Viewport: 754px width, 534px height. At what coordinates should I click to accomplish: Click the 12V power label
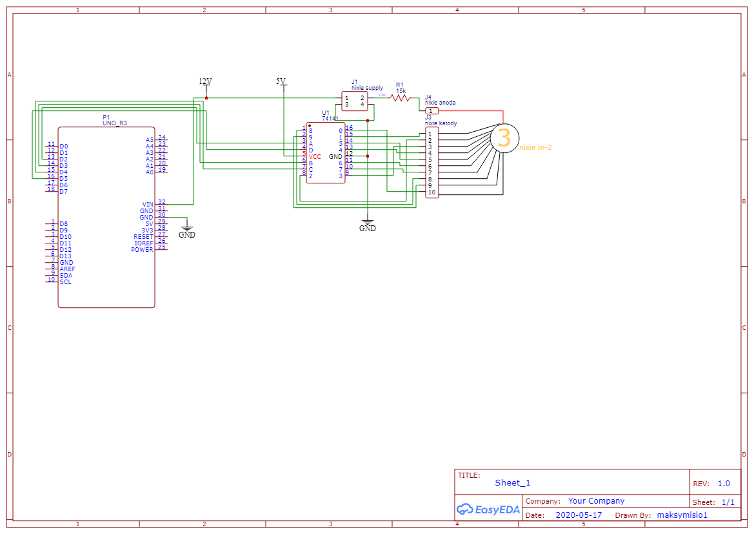205,81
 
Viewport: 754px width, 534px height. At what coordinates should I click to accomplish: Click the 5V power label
281,81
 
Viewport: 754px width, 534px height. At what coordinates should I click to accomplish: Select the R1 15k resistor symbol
401,98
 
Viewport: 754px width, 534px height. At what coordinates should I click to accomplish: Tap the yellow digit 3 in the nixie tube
504,138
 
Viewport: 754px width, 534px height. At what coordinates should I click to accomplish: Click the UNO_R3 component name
115,123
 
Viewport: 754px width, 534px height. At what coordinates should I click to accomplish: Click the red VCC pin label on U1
315,156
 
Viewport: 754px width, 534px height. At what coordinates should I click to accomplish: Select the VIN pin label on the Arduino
148,204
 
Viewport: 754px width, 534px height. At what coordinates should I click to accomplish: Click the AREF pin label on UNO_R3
67,269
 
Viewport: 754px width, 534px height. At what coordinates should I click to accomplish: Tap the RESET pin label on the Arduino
143,236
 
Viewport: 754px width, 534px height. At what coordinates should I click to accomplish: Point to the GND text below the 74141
367,228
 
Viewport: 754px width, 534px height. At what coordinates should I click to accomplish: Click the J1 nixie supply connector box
354,101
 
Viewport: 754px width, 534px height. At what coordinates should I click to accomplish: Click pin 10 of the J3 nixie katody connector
432,192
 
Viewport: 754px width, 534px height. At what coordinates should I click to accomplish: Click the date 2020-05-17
579,515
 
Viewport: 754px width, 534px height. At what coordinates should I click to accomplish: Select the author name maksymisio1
682,515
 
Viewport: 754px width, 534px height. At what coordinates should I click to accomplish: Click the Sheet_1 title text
513,482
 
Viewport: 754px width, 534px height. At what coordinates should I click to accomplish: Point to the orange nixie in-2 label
535,148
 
